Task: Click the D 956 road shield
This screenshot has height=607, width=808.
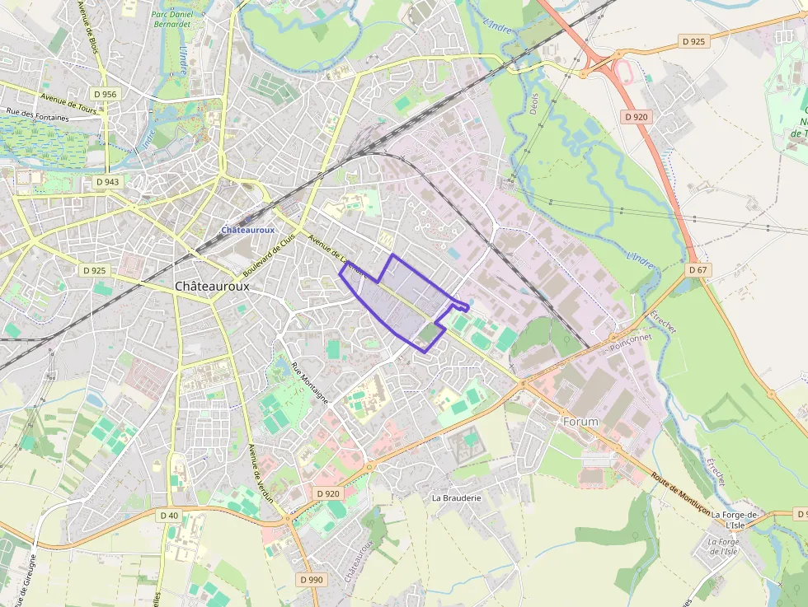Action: [105, 95]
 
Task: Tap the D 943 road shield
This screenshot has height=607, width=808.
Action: [107, 181]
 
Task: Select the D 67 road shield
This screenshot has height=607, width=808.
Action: [698, 270]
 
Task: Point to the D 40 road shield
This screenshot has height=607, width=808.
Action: [168, 516]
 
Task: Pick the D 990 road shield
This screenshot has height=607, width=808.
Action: [312, 580]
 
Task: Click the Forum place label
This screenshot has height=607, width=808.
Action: [580, 421]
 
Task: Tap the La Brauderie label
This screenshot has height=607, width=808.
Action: [456, 498]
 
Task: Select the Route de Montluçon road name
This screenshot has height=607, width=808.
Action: [680, 493]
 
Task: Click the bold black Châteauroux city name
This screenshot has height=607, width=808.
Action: [212, 286]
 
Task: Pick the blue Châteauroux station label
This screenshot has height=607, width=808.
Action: [247, 230]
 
